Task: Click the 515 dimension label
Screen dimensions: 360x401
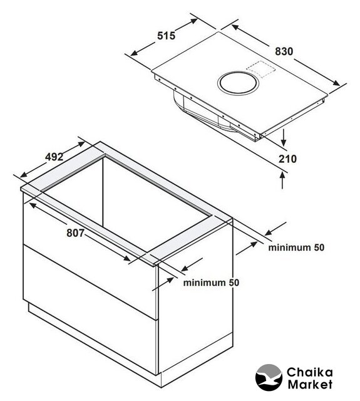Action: click(166, 36)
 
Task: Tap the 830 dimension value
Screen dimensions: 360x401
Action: click(284, 51)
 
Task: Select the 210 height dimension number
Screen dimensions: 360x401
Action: click(287, 159)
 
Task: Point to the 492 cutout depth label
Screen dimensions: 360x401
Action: click(54, 157)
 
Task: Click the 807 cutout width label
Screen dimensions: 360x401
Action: click(75, 232)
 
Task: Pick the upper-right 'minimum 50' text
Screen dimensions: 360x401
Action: click(296, 247)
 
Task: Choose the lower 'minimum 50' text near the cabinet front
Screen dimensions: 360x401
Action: click(211, 283)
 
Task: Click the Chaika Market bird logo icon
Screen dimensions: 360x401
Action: click(269, 377)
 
